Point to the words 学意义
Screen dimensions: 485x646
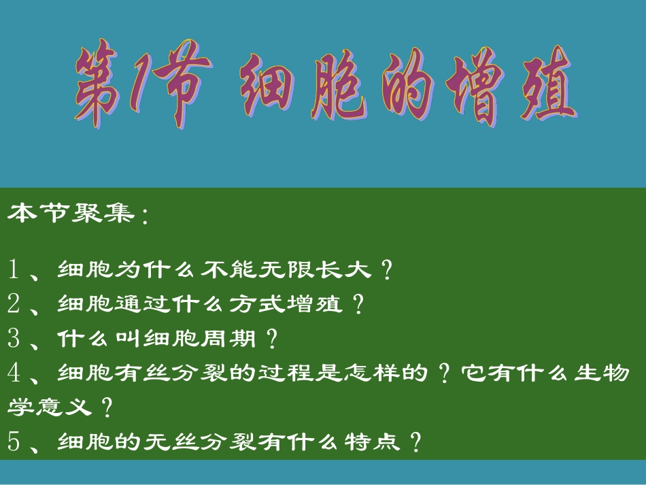click(x=48, y=407)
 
